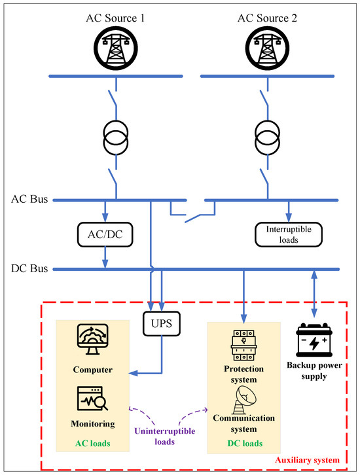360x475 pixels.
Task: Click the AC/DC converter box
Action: [x=105, y=234]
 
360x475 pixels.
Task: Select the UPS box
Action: [x=162, y=323]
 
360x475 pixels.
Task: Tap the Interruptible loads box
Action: [x=289, y=234]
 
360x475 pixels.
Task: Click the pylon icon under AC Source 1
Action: [x=115, y=48]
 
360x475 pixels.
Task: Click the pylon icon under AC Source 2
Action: [x=267, y=48]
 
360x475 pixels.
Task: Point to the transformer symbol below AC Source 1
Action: [x=116, y=138]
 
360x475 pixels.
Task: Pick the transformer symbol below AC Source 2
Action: [x=267, y=138]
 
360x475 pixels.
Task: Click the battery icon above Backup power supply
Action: [x=314, y=340]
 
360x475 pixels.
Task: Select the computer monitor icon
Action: [x=93, y=339]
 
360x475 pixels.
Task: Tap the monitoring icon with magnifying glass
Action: [x=92, y=398]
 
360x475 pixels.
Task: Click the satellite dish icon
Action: [x=244, y=400]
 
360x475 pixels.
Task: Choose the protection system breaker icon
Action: [x=243, y=345]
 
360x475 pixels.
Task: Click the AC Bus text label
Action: [x=29, y=199]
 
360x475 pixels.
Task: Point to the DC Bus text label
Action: [x=29, y=268]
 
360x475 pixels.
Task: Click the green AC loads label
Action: [x=93, y=444]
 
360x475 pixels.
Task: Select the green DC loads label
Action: [x=245, y=444]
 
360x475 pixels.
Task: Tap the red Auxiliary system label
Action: [x=307, y=460]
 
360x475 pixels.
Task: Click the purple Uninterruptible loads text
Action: [x=164, y=436]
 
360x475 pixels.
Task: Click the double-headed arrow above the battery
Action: [x=314, y=294]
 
